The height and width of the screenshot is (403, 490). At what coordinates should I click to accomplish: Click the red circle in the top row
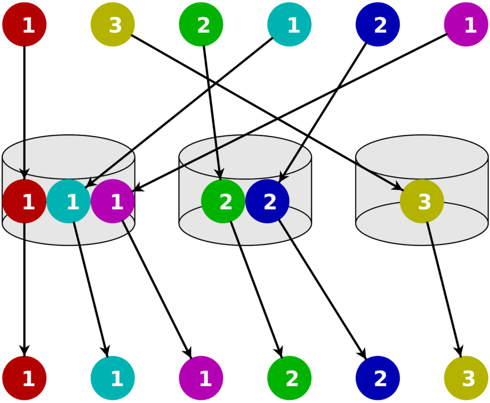coord(24,24)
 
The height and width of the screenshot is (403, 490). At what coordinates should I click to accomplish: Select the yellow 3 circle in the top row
coord(112,24)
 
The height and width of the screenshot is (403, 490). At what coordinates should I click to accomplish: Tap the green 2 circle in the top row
coord(201,24)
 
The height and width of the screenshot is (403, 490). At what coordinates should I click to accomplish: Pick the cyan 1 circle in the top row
coord(290,24)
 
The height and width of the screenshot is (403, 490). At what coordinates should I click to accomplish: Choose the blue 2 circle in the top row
coord(378,24)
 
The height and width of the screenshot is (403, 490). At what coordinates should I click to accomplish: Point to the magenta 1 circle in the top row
coord(466,24)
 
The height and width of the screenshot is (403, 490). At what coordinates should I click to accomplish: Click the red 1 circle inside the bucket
coord(24,201)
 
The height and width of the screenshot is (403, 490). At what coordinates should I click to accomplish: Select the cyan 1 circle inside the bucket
coord(68,201)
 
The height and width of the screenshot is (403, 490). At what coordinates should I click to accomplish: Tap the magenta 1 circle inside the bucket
coord(112,201)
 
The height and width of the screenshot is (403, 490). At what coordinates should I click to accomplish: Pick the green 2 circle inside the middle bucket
coord(223,201)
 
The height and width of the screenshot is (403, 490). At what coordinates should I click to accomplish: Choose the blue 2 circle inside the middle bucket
coord(267,201)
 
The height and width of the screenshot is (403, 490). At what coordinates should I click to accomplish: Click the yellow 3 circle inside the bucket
coord(422,201)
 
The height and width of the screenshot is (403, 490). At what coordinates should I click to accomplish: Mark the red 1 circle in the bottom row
coord(24,378)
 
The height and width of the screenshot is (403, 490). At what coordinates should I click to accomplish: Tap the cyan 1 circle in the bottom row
coord(112,378)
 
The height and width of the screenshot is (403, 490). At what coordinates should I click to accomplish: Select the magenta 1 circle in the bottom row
coord(201,378)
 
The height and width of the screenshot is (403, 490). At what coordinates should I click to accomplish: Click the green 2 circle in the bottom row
coord(290,378)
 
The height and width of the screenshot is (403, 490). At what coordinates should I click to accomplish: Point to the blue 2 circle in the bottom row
coord(378,378)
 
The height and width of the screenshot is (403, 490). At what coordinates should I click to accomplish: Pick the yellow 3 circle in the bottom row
coord(466,378)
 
